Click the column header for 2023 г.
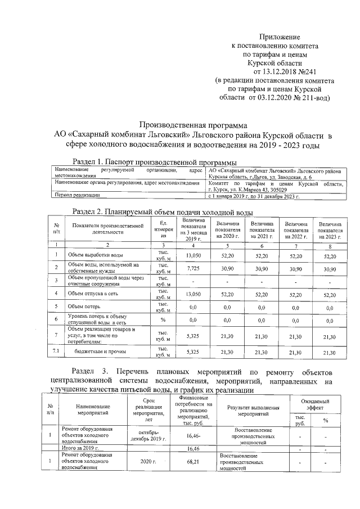(330, 231)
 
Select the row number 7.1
(56, 352)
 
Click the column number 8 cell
(330, 245)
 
